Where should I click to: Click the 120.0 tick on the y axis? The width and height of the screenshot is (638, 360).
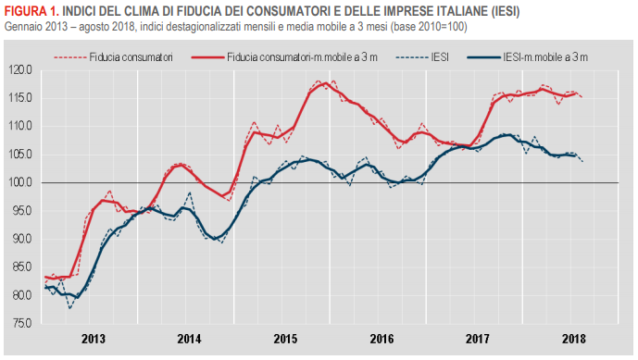tap(20, 69)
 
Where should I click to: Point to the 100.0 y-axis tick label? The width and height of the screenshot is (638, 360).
tap(20, 182)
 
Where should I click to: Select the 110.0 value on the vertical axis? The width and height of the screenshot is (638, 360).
tap(20, 126)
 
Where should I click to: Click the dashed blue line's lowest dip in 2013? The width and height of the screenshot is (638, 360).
tap(70, 307)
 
